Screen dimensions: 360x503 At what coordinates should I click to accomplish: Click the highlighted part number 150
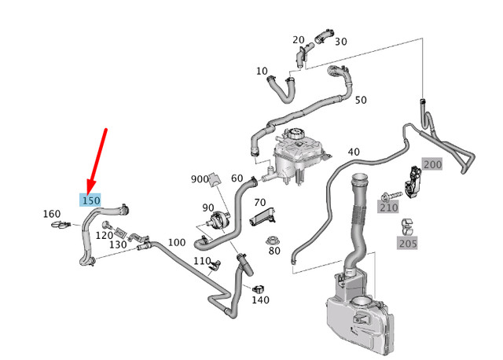[x=91, y=201]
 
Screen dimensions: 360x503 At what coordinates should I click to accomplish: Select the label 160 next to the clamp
[x=51, y=214]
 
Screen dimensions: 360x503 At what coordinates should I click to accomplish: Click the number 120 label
[x=105, y=235]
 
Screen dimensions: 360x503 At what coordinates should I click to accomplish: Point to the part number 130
[x=119, y=244]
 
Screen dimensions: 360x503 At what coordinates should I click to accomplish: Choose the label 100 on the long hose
[x=177, y=242]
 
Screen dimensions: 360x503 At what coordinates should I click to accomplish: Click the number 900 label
[x=200, y=179]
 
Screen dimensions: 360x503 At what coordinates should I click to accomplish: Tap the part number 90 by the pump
[x=208, y=208]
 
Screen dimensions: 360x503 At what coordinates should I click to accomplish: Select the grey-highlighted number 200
[x=433, y=164]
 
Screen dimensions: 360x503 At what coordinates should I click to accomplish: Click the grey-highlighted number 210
[x=388, y=208]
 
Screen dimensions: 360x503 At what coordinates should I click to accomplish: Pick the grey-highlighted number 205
[x=406, y=244]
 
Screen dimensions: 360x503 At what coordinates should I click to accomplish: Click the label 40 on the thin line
[x=353, y=152]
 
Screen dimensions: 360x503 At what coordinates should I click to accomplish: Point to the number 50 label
[x=361, y=101]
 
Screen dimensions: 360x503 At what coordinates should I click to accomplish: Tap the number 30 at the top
[x=341, y=42]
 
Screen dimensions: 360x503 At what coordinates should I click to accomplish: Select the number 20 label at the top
[x=299, y=40]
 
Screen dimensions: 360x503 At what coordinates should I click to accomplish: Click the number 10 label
[x=262, y=72]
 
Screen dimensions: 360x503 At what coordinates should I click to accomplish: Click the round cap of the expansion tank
[x=295, y=133]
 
